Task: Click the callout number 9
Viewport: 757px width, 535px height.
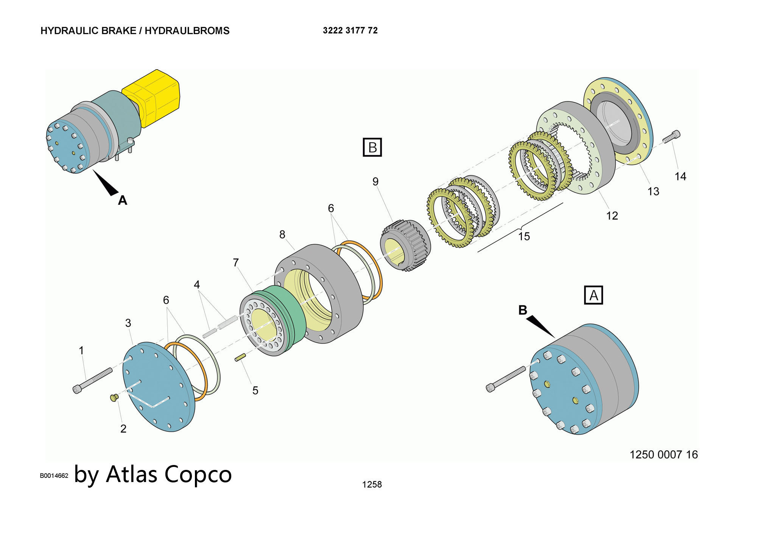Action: pos(375,182)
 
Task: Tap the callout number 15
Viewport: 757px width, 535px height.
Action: pos(524,236)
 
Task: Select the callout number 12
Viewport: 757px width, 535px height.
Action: pos(612,216)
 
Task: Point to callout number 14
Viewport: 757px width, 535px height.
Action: pos(680,176)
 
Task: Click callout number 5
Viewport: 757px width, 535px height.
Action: pos(255,390)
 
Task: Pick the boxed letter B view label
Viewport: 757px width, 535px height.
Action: pos(372,147)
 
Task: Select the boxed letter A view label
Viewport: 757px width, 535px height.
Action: pos(593,295)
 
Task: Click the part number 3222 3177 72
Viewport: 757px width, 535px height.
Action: pos(350,30)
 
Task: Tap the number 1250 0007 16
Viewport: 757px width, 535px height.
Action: pos(664,454)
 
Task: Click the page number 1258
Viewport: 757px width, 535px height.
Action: pos(372,484)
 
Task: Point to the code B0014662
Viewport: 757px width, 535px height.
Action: pos(54,476)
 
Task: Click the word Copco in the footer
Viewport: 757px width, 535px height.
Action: pos(198,474)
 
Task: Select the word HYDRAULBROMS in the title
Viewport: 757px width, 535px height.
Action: pos(187,31)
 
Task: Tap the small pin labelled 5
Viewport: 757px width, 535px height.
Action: pos(241,357)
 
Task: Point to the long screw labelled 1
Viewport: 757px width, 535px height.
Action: pos(93,380)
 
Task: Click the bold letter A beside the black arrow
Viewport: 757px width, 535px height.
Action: pos(122,200)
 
